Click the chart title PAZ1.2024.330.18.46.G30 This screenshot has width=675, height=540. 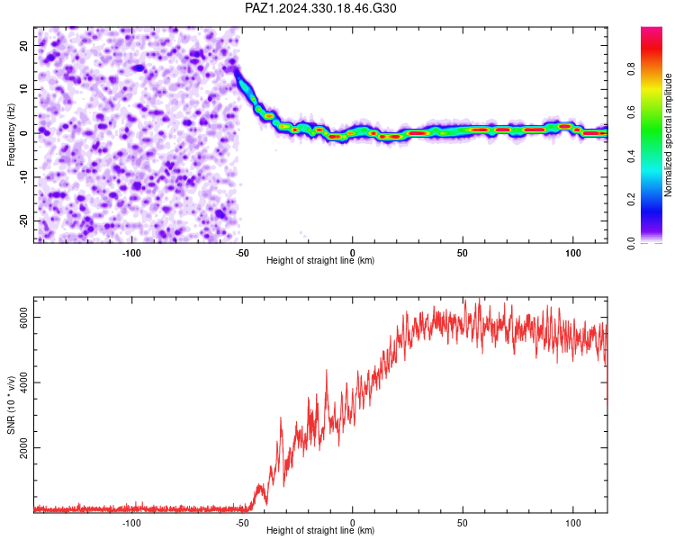tap(320, 8)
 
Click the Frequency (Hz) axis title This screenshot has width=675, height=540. tap(11, 135)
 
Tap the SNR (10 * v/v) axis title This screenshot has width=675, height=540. tap(11, 405)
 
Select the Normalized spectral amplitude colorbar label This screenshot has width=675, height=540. tap(668, 135)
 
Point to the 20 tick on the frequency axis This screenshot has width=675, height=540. tap(23, 45)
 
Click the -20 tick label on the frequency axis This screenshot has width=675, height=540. tap(23, 221)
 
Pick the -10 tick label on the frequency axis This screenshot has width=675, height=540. tap(23, 177)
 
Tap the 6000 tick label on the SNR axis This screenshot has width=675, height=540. tap(23, 318)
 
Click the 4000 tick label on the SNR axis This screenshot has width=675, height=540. tap(23, 382)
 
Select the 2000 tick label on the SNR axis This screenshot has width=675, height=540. tap(23, 448)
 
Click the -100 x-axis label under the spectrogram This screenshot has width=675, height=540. tap(131, 253)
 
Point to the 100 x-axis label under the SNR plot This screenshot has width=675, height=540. tap(573, 523)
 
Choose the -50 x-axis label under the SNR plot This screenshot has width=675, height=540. tap(242, 523)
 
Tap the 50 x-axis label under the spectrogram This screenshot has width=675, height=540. tap(463, 253)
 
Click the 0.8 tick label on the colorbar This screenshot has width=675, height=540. tap(631, 68)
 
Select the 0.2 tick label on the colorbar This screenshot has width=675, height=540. tap(631, 200)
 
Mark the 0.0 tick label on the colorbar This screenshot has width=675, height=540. tap(631, 243)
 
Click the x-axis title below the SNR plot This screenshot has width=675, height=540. tap(320, 530)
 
